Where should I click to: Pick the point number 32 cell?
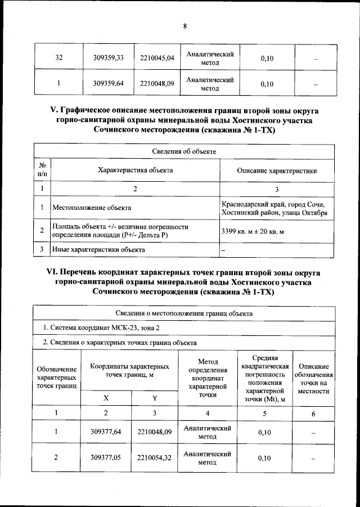[58, 58]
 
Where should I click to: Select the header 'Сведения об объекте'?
[184, 151]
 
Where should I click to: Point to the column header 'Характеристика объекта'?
[135, 170]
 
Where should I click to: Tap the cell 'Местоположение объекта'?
[91, 208]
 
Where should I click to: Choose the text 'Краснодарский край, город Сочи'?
[274, 203]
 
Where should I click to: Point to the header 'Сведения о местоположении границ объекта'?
[184, 313]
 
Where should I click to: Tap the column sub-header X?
[106, 398]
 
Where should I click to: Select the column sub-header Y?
[155, 398]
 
